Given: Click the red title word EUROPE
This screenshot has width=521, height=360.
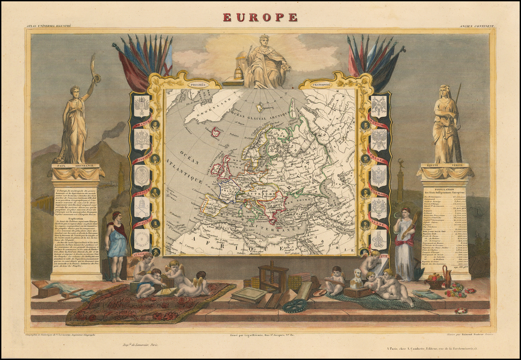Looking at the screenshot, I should [260, 17].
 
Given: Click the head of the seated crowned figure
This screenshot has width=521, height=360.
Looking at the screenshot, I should [264, 40].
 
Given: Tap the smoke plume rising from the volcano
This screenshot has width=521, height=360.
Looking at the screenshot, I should [113, 132].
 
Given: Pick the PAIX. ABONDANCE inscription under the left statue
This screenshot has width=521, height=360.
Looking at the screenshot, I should [75, 166].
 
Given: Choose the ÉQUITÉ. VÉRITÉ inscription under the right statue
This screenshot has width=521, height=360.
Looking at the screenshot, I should [446, 165].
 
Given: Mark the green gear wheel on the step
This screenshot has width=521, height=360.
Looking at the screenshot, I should [295, 305].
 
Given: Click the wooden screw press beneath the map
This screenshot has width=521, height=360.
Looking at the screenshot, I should [273, 277].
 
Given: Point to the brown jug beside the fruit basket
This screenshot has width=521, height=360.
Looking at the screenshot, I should [446, 276].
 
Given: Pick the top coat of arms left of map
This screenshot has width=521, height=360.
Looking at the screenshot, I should [141, 106].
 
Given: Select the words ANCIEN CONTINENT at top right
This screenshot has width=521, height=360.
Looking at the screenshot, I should [477, 25].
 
